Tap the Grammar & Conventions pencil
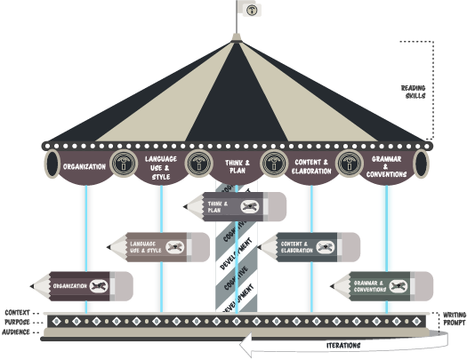(382, 285)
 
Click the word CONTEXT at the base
(19, 313)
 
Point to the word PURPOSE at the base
(19, 322)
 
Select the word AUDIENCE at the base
(19, 332)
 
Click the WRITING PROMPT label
(454, 319)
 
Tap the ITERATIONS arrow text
(342, 345)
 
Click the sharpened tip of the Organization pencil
(34, 285)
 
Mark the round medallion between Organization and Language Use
(122, 164)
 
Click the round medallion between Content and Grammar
(349, 164)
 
